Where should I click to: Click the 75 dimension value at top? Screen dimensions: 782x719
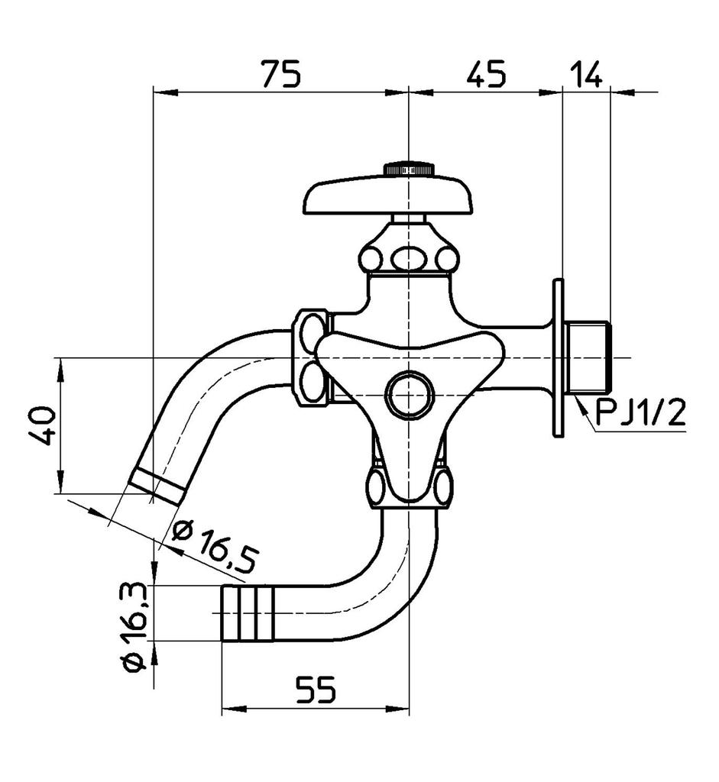pyautogui.click(x=281, y=74)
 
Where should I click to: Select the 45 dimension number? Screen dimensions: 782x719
pyautogui.click(x=486, y=74)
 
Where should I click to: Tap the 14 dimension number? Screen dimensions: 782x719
pyautogui.click(x=587, y=74)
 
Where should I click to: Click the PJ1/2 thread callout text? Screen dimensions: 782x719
pyautogui.click(x=640, y=415)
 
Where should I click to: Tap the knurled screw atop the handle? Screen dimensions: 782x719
pyautogui.click(x=410, y=169)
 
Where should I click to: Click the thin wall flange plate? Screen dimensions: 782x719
pyautogui.click(x=559, y=357)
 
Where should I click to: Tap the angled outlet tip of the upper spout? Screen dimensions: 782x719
pyautogui.click(x=157, y=486)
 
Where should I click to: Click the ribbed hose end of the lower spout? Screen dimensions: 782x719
pyautogui.click(x=247, y=613)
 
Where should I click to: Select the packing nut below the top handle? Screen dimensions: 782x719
pyautogui.click(x=410, y=258)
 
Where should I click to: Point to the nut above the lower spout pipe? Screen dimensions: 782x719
pyautogui.click(x=410, y=489)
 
